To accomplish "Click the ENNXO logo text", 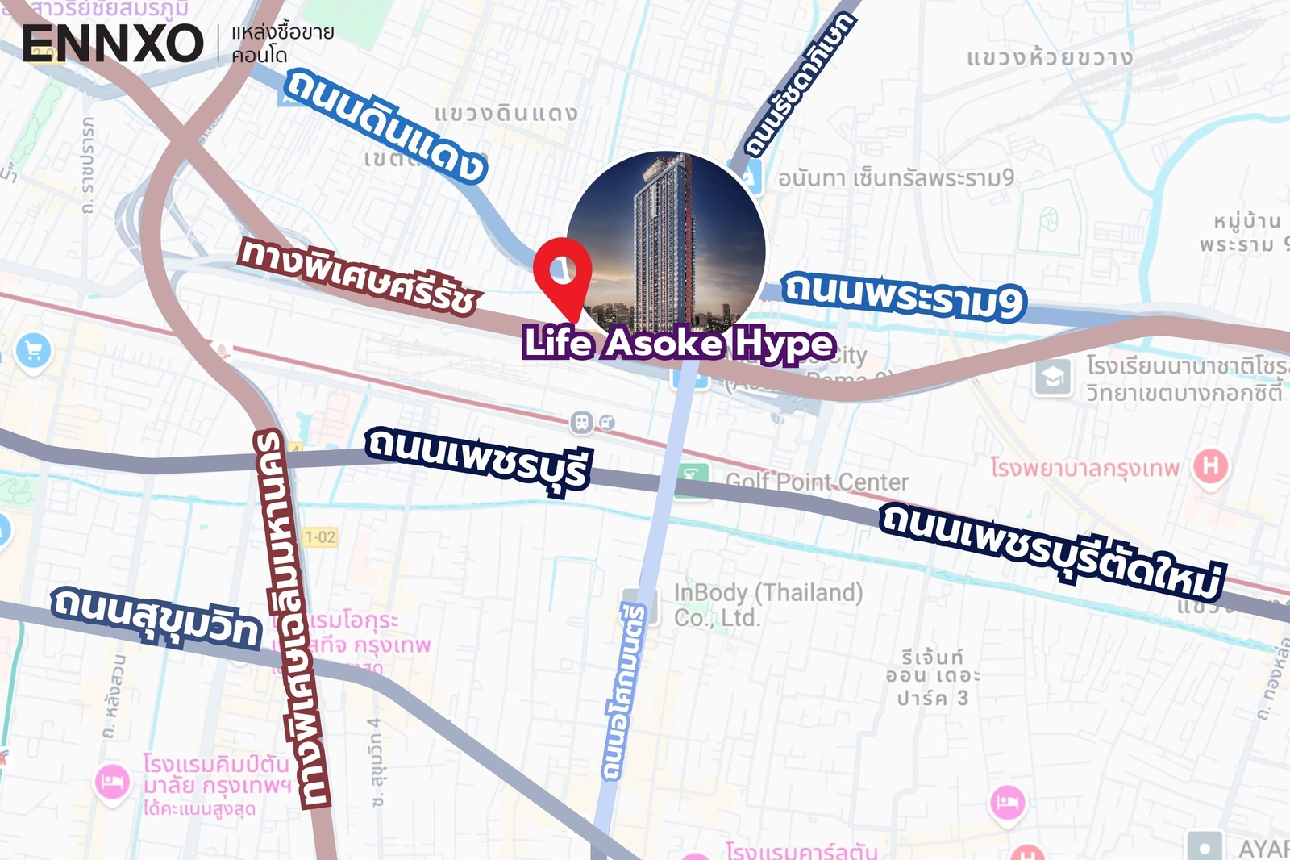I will (112, 44).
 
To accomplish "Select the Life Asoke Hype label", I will (678, 344).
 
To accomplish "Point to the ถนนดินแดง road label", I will (385, 125).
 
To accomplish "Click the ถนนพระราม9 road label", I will (904, 295).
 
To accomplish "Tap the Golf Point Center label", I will (817, 482).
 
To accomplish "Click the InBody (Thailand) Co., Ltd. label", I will (768, 604).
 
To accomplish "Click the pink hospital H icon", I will (1210, 465).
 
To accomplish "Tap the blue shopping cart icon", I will (34, 351).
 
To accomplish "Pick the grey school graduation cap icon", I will (1053, 377).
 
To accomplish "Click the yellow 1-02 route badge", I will (320, 536).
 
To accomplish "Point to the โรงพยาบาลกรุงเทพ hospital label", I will (1084, 468).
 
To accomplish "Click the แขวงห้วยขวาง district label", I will (1050, 57).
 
